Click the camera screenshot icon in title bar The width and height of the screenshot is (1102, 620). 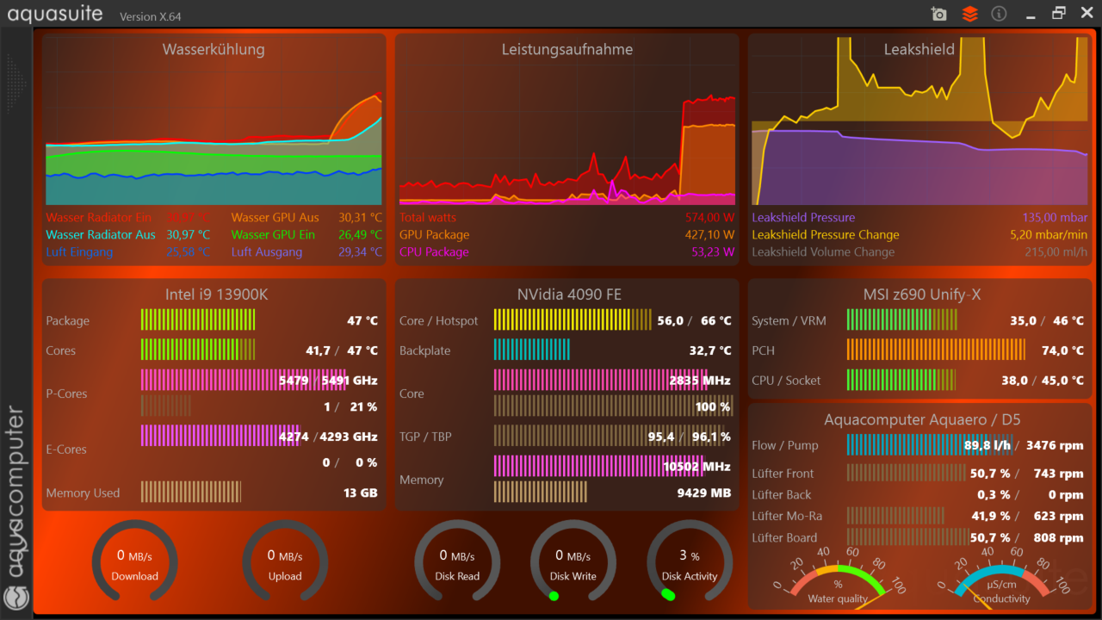(x=939, y=14)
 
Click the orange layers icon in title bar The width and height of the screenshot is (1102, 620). (x=970, y=14)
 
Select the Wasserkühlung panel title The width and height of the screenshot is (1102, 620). (x=214, y=49)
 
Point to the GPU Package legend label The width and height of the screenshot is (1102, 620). (x=434, y=235)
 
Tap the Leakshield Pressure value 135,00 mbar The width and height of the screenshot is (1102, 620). (x=1055, y=218)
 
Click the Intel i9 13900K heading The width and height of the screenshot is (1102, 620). (x=216, y=294)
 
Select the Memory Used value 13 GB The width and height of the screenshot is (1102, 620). (x=360, y=493)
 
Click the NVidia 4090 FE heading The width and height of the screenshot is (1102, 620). (x=569, y=294)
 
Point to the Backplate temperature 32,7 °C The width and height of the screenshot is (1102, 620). (x=710, y=350)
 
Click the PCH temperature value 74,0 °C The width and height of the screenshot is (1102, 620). (x=1062, y=350)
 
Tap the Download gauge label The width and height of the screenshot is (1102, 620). (x=135, y=576)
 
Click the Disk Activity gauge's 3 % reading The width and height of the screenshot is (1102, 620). (x=689, y=555)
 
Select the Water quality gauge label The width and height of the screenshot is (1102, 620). (x=838, y=599)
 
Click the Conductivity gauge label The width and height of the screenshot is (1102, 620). (x=1001, y=599)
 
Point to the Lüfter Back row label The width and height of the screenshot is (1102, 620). (x=781, y=494)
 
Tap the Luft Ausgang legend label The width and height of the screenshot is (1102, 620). (x=267, y=252)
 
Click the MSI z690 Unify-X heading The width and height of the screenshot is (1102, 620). (x=921, y=294)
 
